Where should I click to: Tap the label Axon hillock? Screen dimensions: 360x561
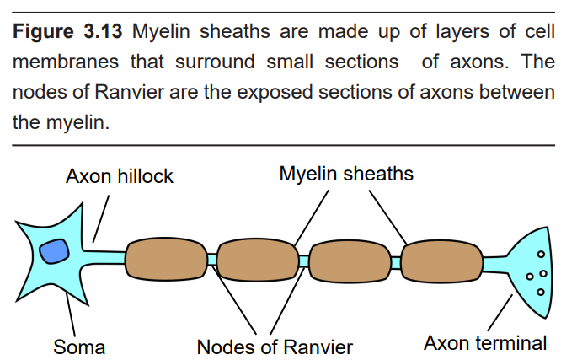[120, 176]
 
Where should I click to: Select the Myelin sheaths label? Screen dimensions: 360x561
[346, 174]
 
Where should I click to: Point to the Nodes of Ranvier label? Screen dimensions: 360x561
[275, 347]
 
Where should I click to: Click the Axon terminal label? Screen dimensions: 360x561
[485, 343]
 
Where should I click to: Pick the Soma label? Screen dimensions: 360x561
[79, 347]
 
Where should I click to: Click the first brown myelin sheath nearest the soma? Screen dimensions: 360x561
[167, 261]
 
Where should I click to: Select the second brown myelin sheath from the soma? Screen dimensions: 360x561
[258, 261]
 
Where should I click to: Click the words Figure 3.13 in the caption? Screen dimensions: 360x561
[69, 33]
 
